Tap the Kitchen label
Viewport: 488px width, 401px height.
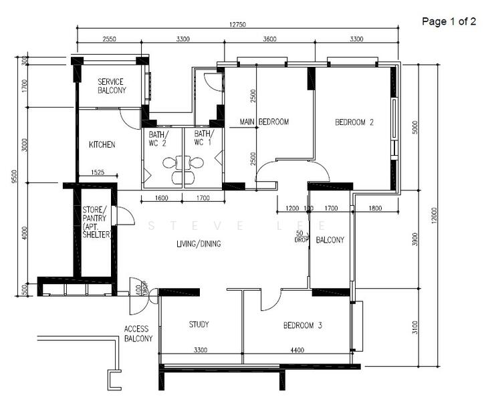coord(102,144)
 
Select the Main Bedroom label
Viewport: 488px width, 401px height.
coord(264,122)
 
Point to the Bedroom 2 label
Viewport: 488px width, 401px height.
coord(354,122)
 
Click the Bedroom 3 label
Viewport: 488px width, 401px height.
coord(303,325)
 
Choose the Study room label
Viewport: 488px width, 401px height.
coord(199,324)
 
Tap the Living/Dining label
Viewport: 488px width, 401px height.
coord(199,244)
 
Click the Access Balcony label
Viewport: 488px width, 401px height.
coord(138,333)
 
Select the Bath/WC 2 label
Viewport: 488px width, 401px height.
coord(158,139)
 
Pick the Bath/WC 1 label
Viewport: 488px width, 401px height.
coord(204,138)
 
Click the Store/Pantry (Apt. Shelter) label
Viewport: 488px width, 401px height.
coord(96,222)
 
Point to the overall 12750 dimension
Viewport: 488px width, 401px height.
coord(237,25)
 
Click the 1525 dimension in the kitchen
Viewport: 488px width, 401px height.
coord(98,172)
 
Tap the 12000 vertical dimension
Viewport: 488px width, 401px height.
coord(435,215)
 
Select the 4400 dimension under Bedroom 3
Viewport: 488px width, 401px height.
coord(297,350)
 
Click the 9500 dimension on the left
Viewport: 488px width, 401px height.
coord(14,176)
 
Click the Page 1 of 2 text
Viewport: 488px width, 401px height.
coord(449,21)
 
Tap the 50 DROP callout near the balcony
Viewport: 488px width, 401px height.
coord(301,237)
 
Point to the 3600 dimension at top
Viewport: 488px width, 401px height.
coord(269,39)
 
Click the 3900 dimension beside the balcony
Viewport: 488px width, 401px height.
coord(415,239)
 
